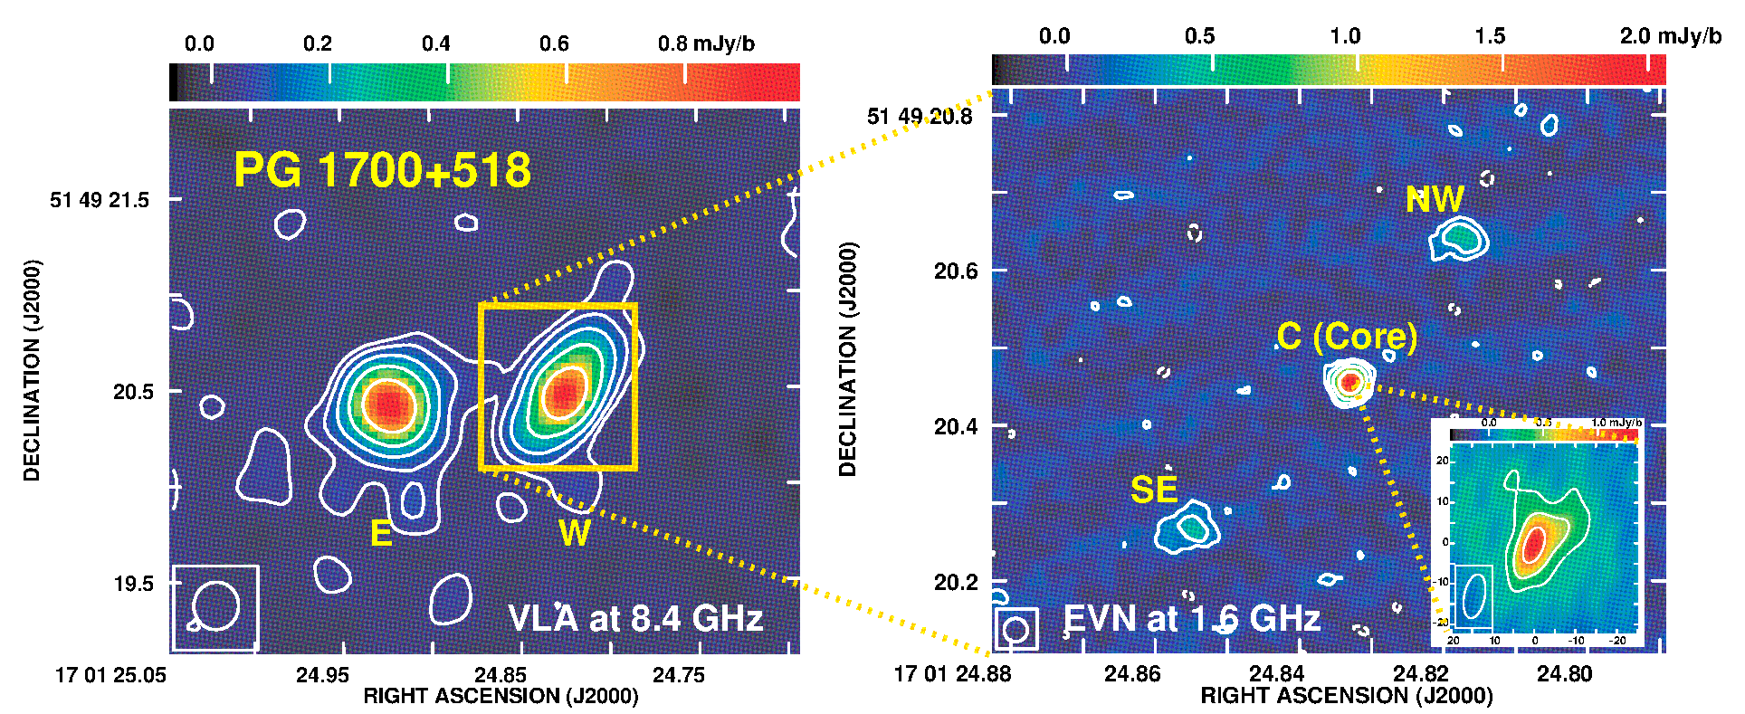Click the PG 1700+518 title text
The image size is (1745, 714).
tap(382, 170)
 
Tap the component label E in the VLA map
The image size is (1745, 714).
tap(381, 534)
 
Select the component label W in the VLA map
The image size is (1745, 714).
tap(575, 533)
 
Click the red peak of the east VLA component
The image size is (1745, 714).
tap(389, 405)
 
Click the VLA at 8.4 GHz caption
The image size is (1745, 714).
tap(635, 618)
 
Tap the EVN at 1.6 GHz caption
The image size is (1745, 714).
tap(1191, 618)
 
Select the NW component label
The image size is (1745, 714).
tap(1435, 200)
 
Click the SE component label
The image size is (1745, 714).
tap(1154, 490)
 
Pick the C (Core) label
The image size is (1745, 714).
tap(1347, 337)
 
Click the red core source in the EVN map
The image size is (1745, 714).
tap(1349, 382)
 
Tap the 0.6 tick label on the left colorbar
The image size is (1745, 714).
tap(554, 44)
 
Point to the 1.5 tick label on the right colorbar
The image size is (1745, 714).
tap(1490, 36)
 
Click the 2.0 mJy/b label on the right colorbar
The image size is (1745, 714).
tap(1670, 36)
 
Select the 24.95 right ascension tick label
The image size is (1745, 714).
tap(322, 675)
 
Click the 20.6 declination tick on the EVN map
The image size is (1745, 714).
tap(956, 271)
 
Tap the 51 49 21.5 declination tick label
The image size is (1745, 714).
tap(100, 200)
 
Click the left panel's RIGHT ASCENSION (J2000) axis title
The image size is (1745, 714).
tap(501, 696)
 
